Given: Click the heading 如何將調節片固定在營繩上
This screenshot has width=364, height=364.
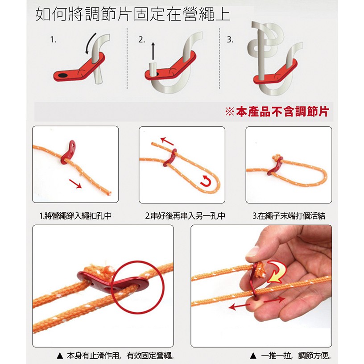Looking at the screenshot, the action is [132, 14].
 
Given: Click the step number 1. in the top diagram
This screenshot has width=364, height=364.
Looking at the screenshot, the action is [54, 40].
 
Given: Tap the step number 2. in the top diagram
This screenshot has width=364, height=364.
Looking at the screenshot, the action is [141, 40].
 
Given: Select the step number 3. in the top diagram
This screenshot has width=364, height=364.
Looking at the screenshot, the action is [230, 40].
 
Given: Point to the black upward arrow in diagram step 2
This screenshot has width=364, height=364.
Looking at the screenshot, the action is [153, 50].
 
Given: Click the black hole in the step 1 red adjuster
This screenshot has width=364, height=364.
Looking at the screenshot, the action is [62, 75].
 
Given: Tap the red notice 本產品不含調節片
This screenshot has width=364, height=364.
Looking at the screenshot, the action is [277, 112].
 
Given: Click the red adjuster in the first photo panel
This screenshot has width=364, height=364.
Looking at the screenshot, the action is [68, 152].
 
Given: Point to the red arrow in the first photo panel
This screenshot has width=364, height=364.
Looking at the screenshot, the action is [75, 183].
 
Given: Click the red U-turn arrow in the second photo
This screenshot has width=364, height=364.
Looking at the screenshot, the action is [205, 181].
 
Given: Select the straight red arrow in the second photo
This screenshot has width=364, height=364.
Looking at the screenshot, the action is [167, 141].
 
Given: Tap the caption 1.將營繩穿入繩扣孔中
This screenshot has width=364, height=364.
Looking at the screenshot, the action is [76, 216].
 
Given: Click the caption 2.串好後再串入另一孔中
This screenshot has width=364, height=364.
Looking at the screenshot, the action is [185, 216].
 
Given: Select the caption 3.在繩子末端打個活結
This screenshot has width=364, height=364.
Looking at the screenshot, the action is [289, 216].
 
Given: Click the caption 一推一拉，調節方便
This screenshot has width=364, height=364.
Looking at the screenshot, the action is [296, 356].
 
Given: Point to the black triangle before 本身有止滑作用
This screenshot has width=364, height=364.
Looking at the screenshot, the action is [60, 356].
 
